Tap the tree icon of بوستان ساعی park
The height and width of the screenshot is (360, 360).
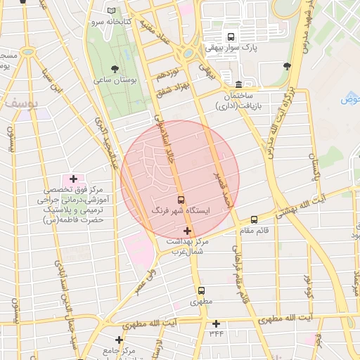tap(115, 69)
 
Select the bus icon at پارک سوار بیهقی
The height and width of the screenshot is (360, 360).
tap(230, 37)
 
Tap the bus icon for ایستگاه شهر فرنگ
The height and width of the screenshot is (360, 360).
tap(181, 200)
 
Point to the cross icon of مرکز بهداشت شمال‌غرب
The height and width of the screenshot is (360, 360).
tap(187, 231)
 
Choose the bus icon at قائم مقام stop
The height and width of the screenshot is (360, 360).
tap(254, 220)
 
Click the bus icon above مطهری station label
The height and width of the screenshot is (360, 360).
tap(201, 290)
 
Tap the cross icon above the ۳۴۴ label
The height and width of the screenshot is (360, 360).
tap(216, 323)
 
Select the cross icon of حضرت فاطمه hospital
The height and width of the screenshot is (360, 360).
tap(73, 180)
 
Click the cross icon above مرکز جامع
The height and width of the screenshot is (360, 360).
tap(120, 340)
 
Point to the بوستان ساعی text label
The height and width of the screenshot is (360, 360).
tap(115, 82)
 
